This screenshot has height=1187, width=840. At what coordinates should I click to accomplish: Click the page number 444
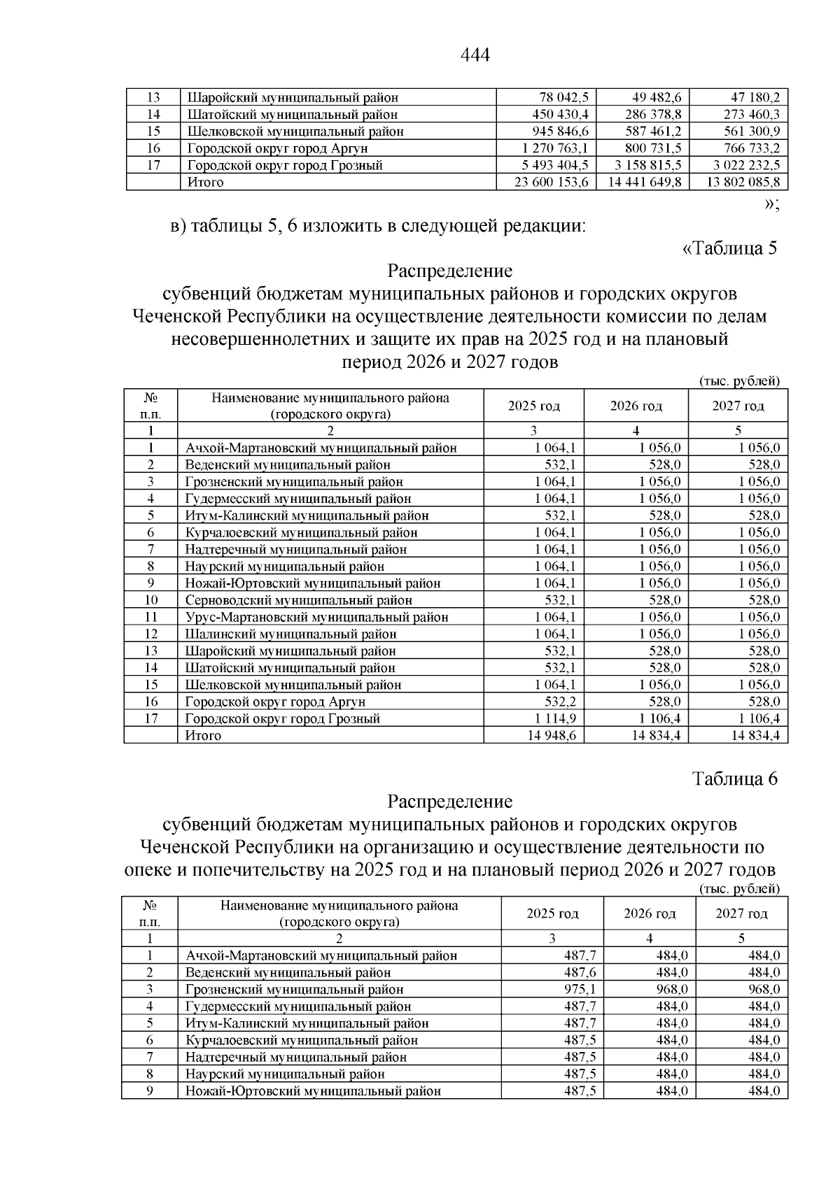(475, 55)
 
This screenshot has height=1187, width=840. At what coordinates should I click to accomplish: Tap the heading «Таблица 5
(729, 248)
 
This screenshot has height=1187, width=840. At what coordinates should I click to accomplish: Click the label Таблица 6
(735, 779)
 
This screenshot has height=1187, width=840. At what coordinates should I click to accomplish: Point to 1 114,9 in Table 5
(555, 719)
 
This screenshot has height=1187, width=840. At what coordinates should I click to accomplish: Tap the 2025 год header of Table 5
(533, 406)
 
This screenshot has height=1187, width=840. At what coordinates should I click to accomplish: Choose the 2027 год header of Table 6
(741, 914)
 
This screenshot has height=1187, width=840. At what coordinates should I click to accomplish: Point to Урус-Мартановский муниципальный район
(316, 617)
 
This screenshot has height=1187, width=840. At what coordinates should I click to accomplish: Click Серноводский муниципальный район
(298, 600)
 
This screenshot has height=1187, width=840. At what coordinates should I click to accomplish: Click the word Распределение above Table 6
(450, 802)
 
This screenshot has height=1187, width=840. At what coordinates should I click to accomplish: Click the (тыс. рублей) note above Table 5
(739, 381)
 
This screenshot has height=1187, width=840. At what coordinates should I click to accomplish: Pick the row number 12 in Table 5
(150, 634)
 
